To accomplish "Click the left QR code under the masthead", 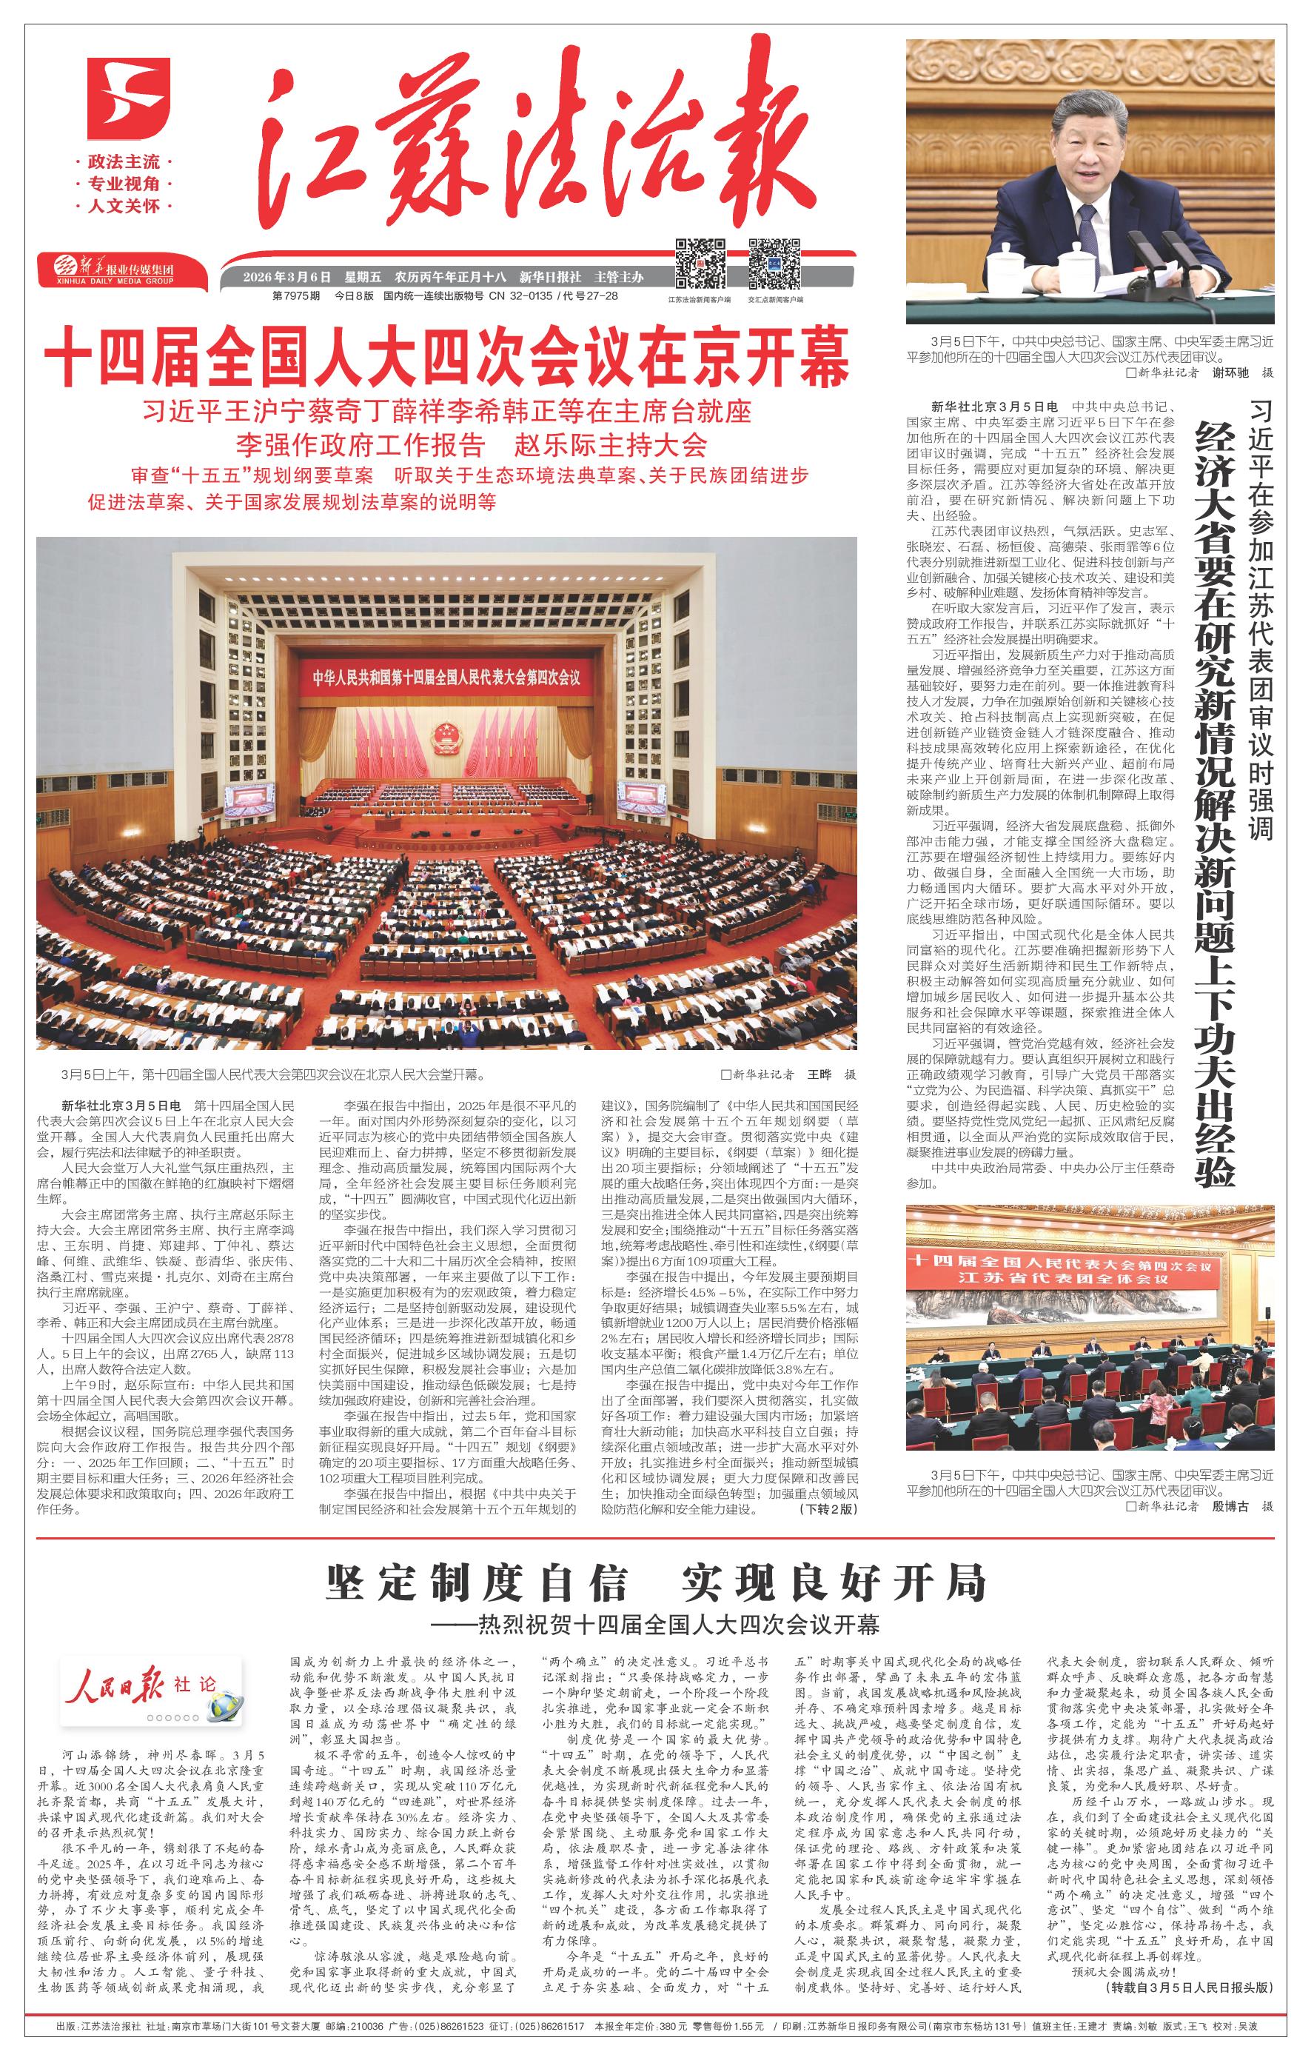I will (x=701, y=264).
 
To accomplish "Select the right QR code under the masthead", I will (x=774, y=264).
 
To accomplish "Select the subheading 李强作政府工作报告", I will (x=361, y=444).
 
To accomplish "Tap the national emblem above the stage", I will (x=444, y=736).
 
